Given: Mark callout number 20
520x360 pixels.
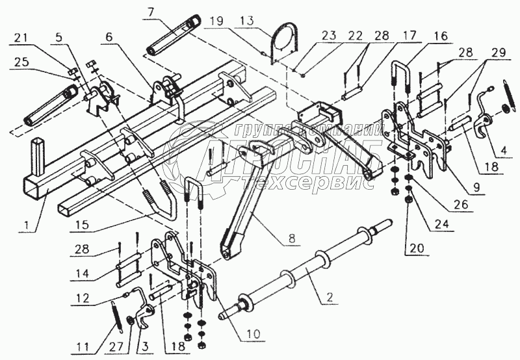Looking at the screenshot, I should [409, 248].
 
